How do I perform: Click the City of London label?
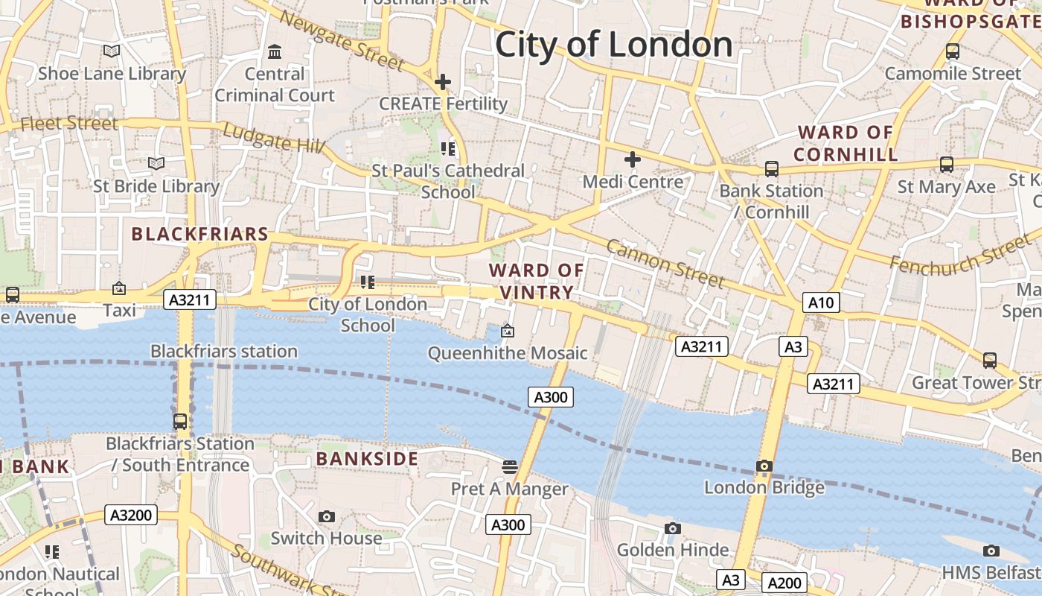point(613,45)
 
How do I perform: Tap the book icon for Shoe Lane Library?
point(112,51)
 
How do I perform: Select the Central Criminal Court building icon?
point(275,52)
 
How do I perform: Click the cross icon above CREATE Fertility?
point(443,82)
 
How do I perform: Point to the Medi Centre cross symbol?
point(633,159)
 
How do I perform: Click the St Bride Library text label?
point(156,186)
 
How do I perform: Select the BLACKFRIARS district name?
point(199,234)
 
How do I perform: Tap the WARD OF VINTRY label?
point(537,281)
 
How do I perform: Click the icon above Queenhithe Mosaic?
point(508,331)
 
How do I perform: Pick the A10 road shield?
point(821,302)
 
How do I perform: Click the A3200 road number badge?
point(131,515)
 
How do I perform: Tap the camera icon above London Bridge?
point(764,466)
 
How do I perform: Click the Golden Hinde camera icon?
point(673,529)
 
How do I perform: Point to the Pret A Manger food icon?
point(510,467)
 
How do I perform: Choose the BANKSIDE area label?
point(367,458)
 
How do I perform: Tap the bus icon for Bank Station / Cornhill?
point(772,169)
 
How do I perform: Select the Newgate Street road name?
point(343,41)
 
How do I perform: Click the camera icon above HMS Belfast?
point(991,551)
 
